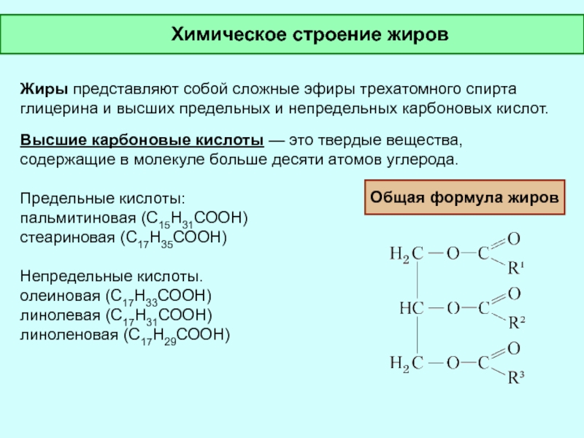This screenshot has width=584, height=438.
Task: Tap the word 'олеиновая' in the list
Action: (x=61, y=296)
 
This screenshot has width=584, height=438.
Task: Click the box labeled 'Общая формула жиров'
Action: (x=465, y=197)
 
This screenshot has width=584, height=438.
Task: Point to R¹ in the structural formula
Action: (x=515, y=268)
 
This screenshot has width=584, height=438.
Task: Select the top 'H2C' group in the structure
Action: (x=406, y=254)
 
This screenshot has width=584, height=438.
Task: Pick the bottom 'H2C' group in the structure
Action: (x=406, y=362)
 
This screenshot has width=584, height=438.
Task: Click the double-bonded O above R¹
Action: (x=513, y=239)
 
